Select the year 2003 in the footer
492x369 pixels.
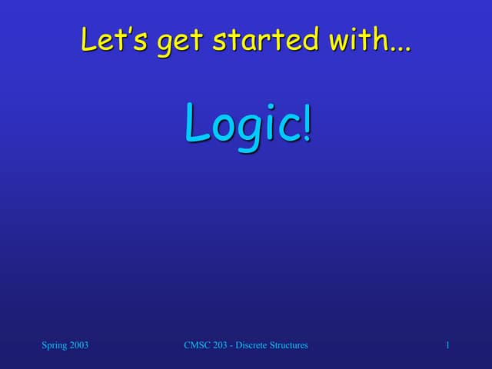point(78,345)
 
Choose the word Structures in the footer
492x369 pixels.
point(291,345)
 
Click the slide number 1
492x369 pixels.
point(447,345)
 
